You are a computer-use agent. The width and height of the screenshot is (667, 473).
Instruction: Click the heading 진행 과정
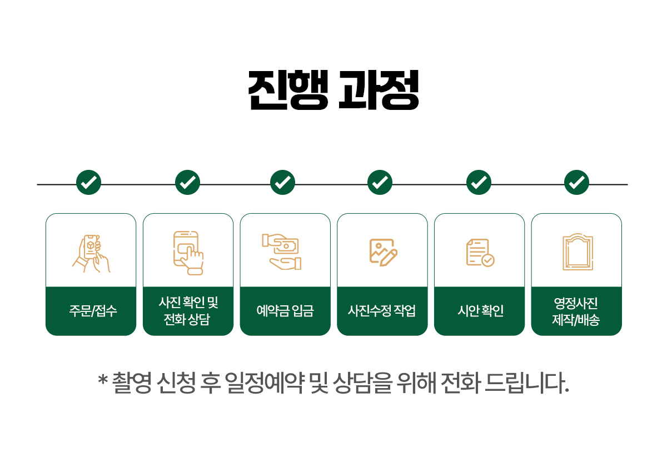333,90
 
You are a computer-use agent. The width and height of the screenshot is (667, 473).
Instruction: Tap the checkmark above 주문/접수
88,182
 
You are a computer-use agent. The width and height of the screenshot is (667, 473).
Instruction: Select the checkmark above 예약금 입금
282,182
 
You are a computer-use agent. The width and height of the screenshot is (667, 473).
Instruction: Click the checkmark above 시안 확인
479,182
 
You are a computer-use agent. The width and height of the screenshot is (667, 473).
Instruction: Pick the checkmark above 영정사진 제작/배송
576,182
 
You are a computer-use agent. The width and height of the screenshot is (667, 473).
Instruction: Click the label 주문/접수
91,311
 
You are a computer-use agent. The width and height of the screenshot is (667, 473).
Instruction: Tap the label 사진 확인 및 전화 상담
188,311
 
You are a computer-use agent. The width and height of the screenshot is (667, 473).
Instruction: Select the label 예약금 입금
285,311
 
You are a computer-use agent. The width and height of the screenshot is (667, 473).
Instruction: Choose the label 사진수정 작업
382,311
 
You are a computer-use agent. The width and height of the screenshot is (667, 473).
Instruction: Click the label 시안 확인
479,311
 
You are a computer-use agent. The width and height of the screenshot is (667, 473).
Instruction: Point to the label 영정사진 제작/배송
576,311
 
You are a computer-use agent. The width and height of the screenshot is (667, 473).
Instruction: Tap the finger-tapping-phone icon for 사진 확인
188,253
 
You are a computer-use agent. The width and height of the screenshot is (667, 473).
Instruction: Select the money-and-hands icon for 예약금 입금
282,251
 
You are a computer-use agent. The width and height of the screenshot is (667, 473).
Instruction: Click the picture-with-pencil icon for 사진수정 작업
383,252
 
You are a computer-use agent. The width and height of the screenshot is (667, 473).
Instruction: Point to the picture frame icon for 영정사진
578,253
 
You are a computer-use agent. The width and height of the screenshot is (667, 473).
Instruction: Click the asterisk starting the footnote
102,380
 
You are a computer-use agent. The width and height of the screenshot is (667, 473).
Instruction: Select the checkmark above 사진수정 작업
380,182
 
